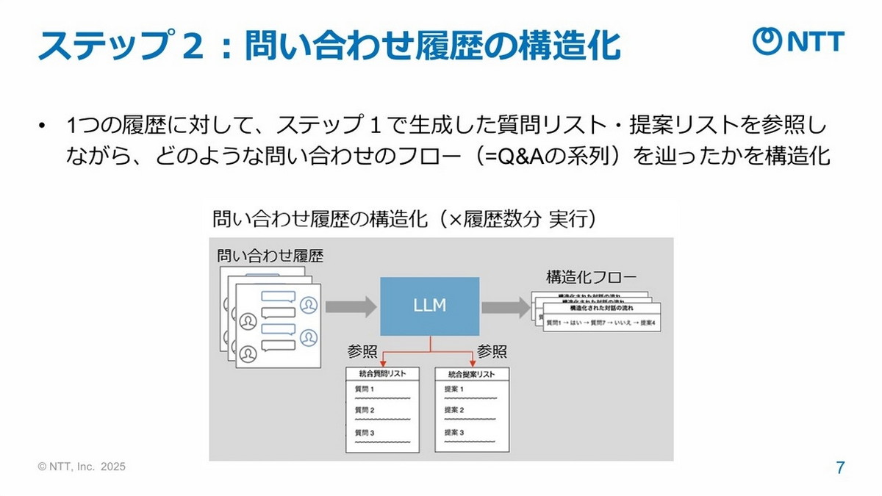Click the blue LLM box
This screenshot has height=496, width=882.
tap(429, 306)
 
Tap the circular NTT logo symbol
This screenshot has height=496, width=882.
tap(767, 42)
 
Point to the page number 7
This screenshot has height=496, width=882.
tap(840, 467)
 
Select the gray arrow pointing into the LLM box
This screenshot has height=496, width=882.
tap(351, 306)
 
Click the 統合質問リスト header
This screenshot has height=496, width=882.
tap(382, 374)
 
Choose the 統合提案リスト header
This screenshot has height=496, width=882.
tap(471, 374)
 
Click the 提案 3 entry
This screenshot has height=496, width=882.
tap(454, 433)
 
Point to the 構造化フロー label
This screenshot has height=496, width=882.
tap(592, 278)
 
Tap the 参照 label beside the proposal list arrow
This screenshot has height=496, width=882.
tap(492, 351)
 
